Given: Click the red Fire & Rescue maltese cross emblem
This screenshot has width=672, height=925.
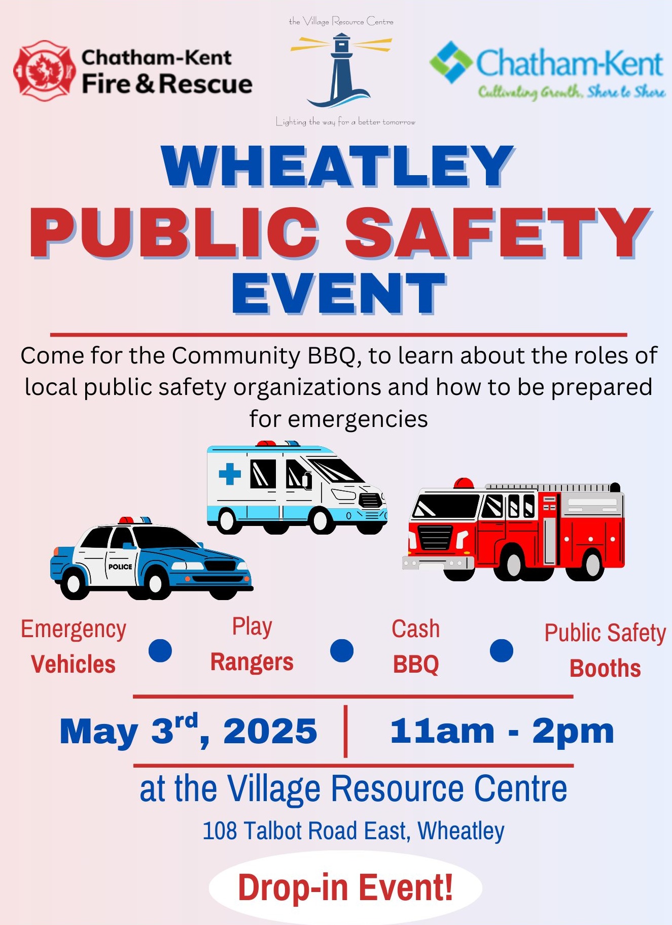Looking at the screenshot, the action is coord(42,71).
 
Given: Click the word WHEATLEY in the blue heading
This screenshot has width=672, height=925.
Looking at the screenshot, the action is coord(338,167).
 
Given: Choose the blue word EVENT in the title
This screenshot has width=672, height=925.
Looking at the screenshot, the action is coord(339,293).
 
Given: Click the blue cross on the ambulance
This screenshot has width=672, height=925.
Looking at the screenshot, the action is coord(230,474).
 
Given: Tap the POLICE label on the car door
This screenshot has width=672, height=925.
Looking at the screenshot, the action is coord(120,567).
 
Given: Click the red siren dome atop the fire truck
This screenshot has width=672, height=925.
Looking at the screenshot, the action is coord(464,483).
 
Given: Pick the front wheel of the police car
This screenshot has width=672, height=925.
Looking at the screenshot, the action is coord(155,584).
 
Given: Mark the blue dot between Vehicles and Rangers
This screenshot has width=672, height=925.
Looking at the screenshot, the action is coord(160,650).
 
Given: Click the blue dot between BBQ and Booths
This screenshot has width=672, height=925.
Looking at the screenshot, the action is coord(502,650).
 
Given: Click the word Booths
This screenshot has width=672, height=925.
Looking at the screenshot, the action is coord(605,669).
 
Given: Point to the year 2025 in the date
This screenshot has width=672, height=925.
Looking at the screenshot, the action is coord(270,732).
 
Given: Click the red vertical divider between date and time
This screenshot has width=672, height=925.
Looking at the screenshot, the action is coord(345,731).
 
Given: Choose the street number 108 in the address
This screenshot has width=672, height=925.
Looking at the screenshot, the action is coord(220,831).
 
